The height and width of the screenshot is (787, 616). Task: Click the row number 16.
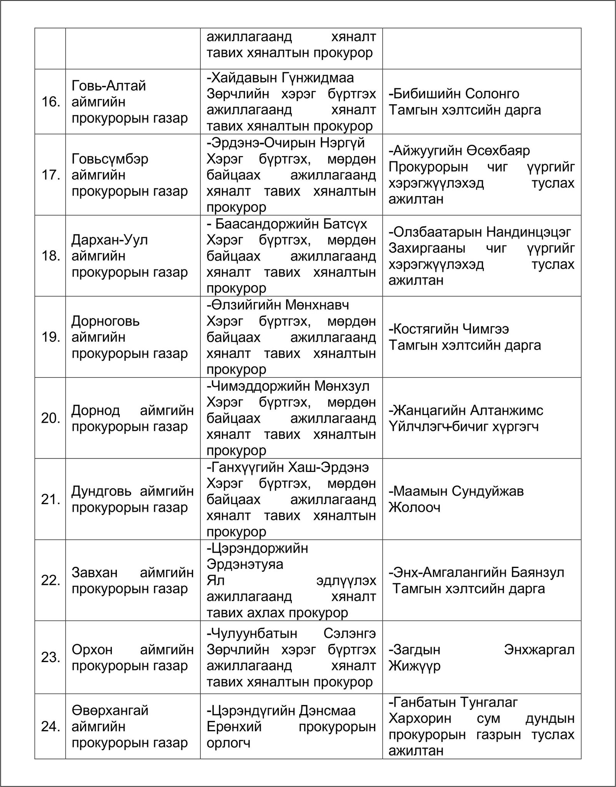coord(50,102)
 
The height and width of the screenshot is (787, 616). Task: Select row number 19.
coord(50,337)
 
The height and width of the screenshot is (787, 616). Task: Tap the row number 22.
coord(50,580)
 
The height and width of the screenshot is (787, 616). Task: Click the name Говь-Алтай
coord(109,86)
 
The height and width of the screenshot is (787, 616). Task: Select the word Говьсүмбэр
coord(110,159)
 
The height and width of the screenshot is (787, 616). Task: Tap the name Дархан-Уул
coord(110,240)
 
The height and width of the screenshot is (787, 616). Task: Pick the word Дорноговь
coord(106,321)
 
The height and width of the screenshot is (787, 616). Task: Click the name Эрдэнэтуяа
coord(245,564)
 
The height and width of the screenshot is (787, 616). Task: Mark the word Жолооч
coord(414,508)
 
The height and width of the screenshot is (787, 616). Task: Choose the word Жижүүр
coord(414,666)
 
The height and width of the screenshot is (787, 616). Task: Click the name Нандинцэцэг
coord(528,232)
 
